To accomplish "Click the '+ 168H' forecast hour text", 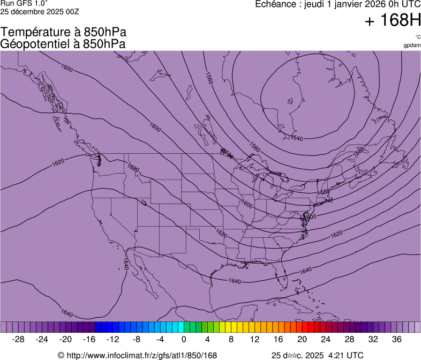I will [392, 21].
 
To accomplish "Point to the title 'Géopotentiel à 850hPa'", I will [63, 44].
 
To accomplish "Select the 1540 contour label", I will [296, 138].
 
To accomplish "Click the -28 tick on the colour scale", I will [19, 339].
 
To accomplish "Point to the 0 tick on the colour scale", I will [184, 339].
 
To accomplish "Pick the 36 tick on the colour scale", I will [396, 339].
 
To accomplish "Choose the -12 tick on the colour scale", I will [113, 339].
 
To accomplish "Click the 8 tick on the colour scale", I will [231, 339].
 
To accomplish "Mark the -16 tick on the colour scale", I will [89, 339].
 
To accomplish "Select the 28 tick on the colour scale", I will [349, 339].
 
